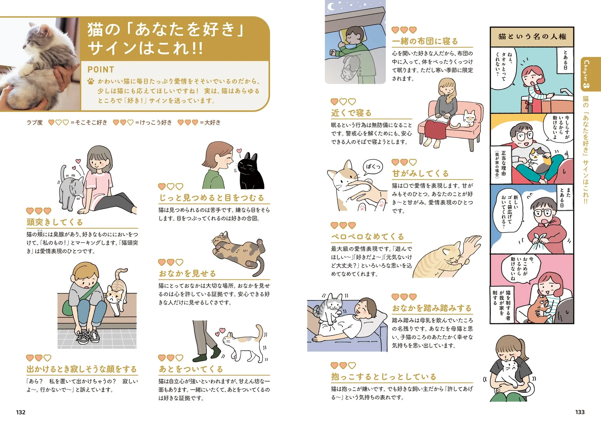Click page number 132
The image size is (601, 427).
point(21,412)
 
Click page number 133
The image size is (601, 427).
point(580,412)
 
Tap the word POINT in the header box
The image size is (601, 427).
point(101,70)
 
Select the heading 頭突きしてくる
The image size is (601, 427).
point(55,222)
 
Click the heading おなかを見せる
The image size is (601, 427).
point(187,274)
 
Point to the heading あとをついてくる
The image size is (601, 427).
point(191,369)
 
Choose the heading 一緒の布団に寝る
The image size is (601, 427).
point(425,41)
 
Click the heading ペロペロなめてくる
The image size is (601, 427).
point(368,237)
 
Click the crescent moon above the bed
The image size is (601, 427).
point(331,6)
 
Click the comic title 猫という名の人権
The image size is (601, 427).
point(532,37)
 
